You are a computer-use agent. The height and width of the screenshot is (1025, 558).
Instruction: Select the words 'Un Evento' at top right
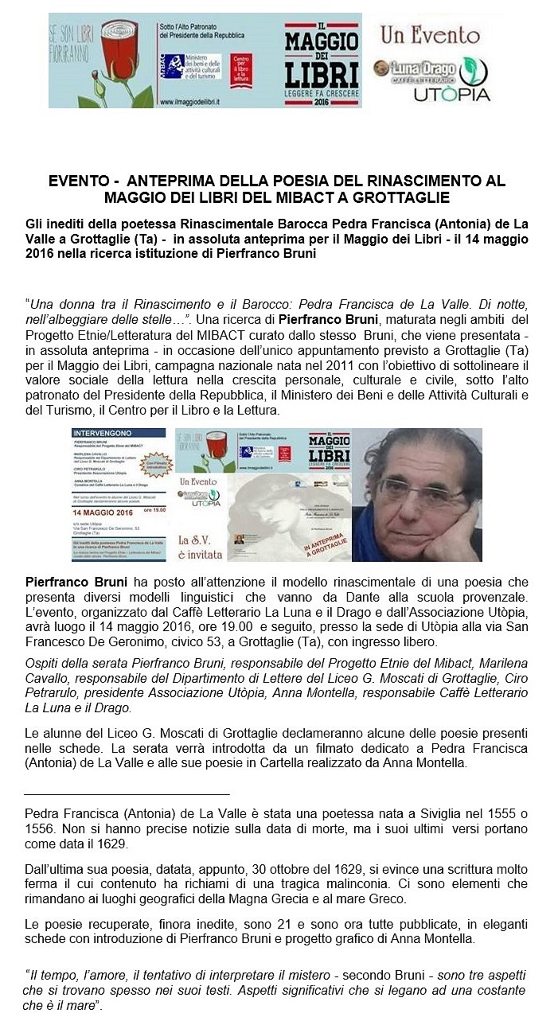[430, 36]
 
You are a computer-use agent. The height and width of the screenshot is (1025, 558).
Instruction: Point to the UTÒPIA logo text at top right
[451, 95]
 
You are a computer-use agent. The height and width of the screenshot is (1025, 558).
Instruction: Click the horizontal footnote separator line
[127, 794]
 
